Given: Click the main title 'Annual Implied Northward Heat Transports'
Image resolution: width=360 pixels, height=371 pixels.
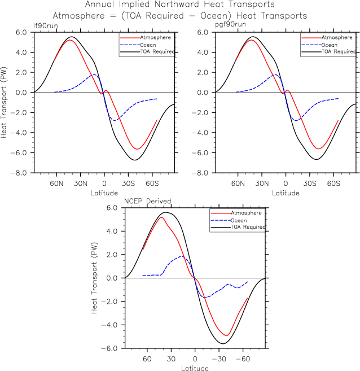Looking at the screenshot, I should [x=180, y=5].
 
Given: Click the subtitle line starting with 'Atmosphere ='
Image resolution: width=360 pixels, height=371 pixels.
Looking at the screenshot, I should [x=180, y=16].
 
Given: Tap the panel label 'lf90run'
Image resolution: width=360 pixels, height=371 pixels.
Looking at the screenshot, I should [x=43, y=25].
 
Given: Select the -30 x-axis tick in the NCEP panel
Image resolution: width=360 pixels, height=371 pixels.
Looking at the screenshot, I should [x=219, y=359].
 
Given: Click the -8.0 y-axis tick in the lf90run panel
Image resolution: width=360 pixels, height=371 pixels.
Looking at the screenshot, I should [x=21, y=173].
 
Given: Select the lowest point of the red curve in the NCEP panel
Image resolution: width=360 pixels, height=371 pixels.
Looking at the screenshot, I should [x=226, y=335].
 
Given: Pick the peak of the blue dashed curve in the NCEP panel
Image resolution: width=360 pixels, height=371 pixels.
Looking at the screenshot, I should [x=182, y=256].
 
